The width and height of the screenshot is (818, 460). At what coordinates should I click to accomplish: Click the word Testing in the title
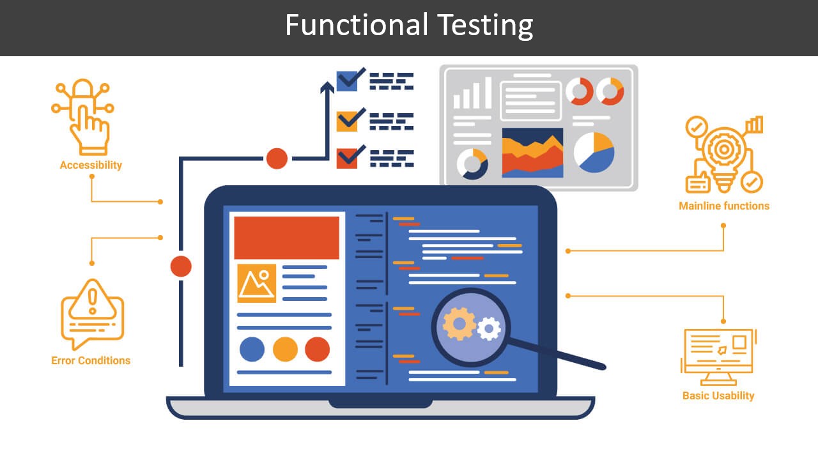[x=486, y=26]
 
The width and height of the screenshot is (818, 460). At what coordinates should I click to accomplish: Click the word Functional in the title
[x=357, y=26]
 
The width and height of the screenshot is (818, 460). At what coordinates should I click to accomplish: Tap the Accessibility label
[x=91, y=165]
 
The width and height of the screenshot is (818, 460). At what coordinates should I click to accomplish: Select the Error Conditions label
[x=91, y=360]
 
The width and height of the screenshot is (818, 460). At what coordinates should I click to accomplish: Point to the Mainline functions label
[x=724, y=206]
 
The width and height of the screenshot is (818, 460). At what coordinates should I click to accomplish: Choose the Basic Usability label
[x=718, y=395]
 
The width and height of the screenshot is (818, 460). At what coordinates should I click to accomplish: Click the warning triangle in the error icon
[x=93, y=300]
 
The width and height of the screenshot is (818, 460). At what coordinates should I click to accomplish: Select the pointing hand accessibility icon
[x=88, y=118]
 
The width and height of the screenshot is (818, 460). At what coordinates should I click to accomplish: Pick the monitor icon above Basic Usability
[x=718, y=355]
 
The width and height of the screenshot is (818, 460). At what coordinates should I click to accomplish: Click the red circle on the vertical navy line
[x=181, y=266]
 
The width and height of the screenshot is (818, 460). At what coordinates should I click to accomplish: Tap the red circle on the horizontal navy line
[x=277, y=158]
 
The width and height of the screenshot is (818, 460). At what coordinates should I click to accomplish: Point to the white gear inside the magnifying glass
[x=489, y=329]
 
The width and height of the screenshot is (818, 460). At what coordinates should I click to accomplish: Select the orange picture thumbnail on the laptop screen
[x=256, y=283]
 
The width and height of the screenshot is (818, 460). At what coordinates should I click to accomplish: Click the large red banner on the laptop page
[x=286, y=238]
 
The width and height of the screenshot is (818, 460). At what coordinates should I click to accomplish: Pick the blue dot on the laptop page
[x=252, y=349]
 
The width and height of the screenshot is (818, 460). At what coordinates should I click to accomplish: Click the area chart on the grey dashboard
[x=532, y=153]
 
